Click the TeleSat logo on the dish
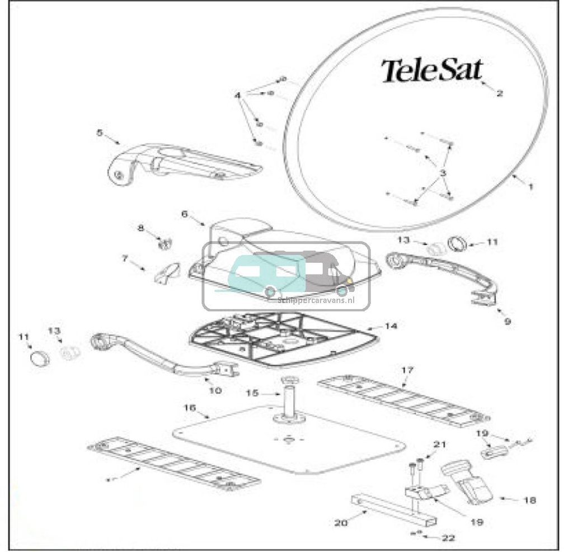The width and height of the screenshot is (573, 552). [x=431, y=71]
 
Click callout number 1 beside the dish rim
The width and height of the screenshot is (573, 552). [x=530, y=187]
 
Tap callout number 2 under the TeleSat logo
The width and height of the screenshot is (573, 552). [x=499, y=93]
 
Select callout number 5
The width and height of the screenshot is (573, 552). [x=100, y=133]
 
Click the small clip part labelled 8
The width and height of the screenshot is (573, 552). [x=165, y=243]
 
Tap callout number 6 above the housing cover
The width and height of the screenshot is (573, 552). [x=184, y=214]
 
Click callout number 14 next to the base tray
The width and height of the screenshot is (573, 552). [x=391, y=325]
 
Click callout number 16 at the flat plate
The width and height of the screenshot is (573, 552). [x=190, y=408]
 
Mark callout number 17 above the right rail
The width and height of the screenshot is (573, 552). [x=407, y=370]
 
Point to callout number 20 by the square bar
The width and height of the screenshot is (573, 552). [x=341, y=523]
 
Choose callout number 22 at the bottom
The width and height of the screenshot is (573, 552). [x=448, y=538]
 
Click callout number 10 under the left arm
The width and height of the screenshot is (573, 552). [x=215, y=390]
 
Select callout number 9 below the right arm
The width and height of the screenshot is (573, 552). [x=507, y=322]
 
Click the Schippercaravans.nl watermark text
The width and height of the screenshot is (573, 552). [x=317, y=300]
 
